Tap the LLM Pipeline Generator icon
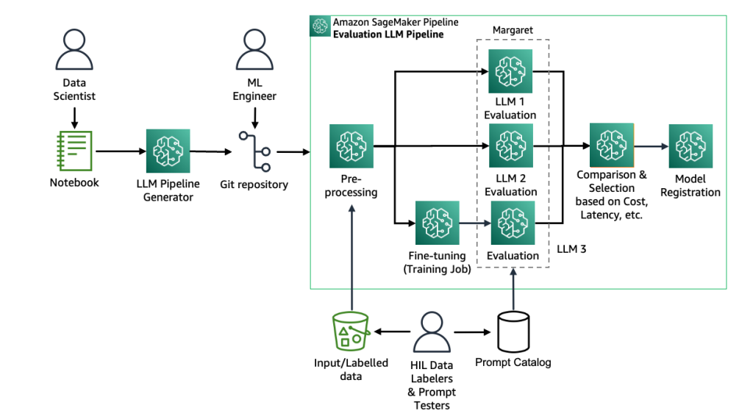(168, 151)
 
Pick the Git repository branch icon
(254, 151)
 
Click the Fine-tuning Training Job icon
(438, 222)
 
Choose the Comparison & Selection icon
(611, 146)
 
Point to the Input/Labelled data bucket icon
(351, 331)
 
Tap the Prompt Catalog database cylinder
(513, 332)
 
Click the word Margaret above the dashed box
(512, 31)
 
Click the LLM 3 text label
(571, 249)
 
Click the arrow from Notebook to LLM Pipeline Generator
(120, 151)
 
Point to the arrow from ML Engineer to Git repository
(254, 116)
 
